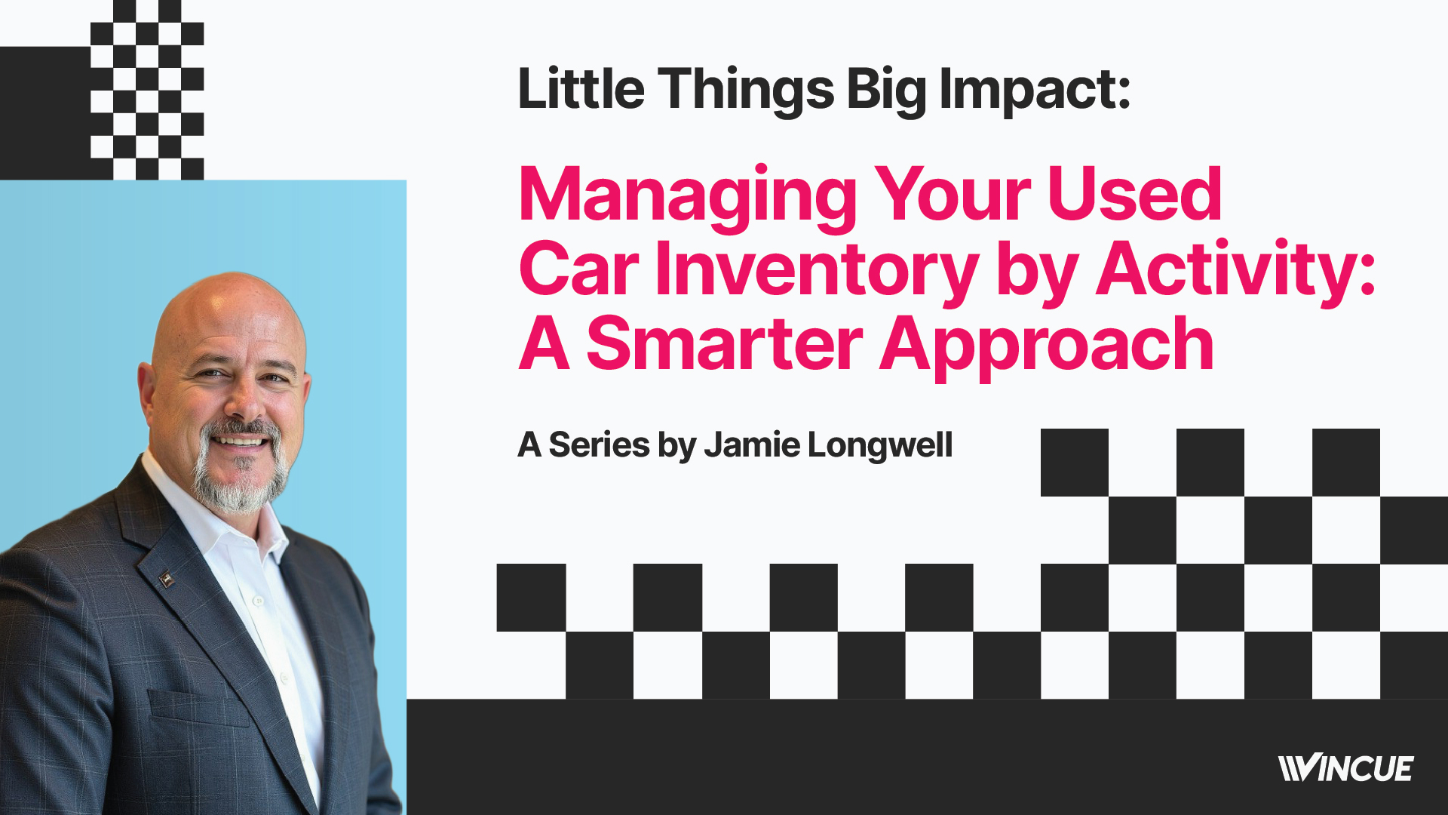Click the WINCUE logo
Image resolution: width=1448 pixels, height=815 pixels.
1346,768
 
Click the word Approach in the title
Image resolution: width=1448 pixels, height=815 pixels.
1047,347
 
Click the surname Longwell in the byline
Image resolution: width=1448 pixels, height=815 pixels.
880,446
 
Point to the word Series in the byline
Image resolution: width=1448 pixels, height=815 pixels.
599,444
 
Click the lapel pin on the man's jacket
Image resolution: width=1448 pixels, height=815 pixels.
167,579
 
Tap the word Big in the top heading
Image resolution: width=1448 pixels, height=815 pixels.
886,91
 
